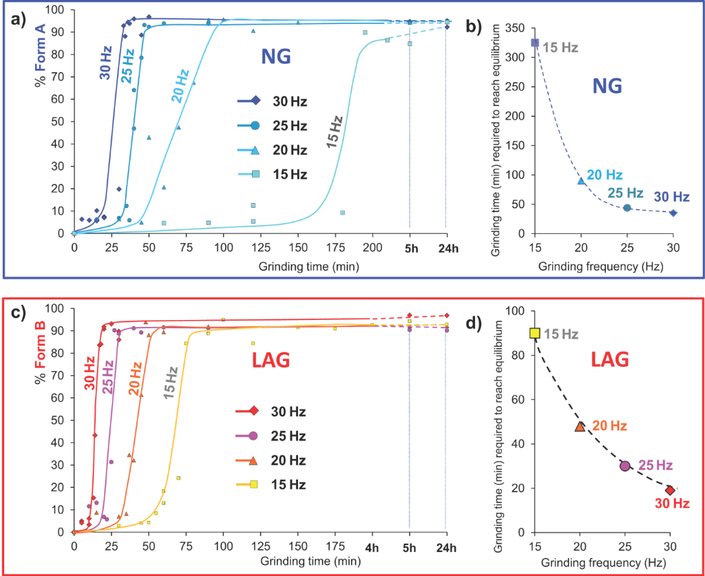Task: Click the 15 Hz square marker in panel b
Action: tap(535, 43)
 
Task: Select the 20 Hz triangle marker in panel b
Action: tap(581, 181)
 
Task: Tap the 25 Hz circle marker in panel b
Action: tap(627, 207)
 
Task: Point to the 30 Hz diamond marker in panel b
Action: tap(673, 213)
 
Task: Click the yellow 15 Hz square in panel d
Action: tap(535, 333)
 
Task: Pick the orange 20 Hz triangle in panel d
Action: tap(580, 427)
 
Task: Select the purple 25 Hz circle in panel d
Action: tap(625, 466)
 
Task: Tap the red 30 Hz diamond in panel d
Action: tap(670, 490)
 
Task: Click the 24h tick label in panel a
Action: tap(446, 248)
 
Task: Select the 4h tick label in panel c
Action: tap(372, 546)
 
